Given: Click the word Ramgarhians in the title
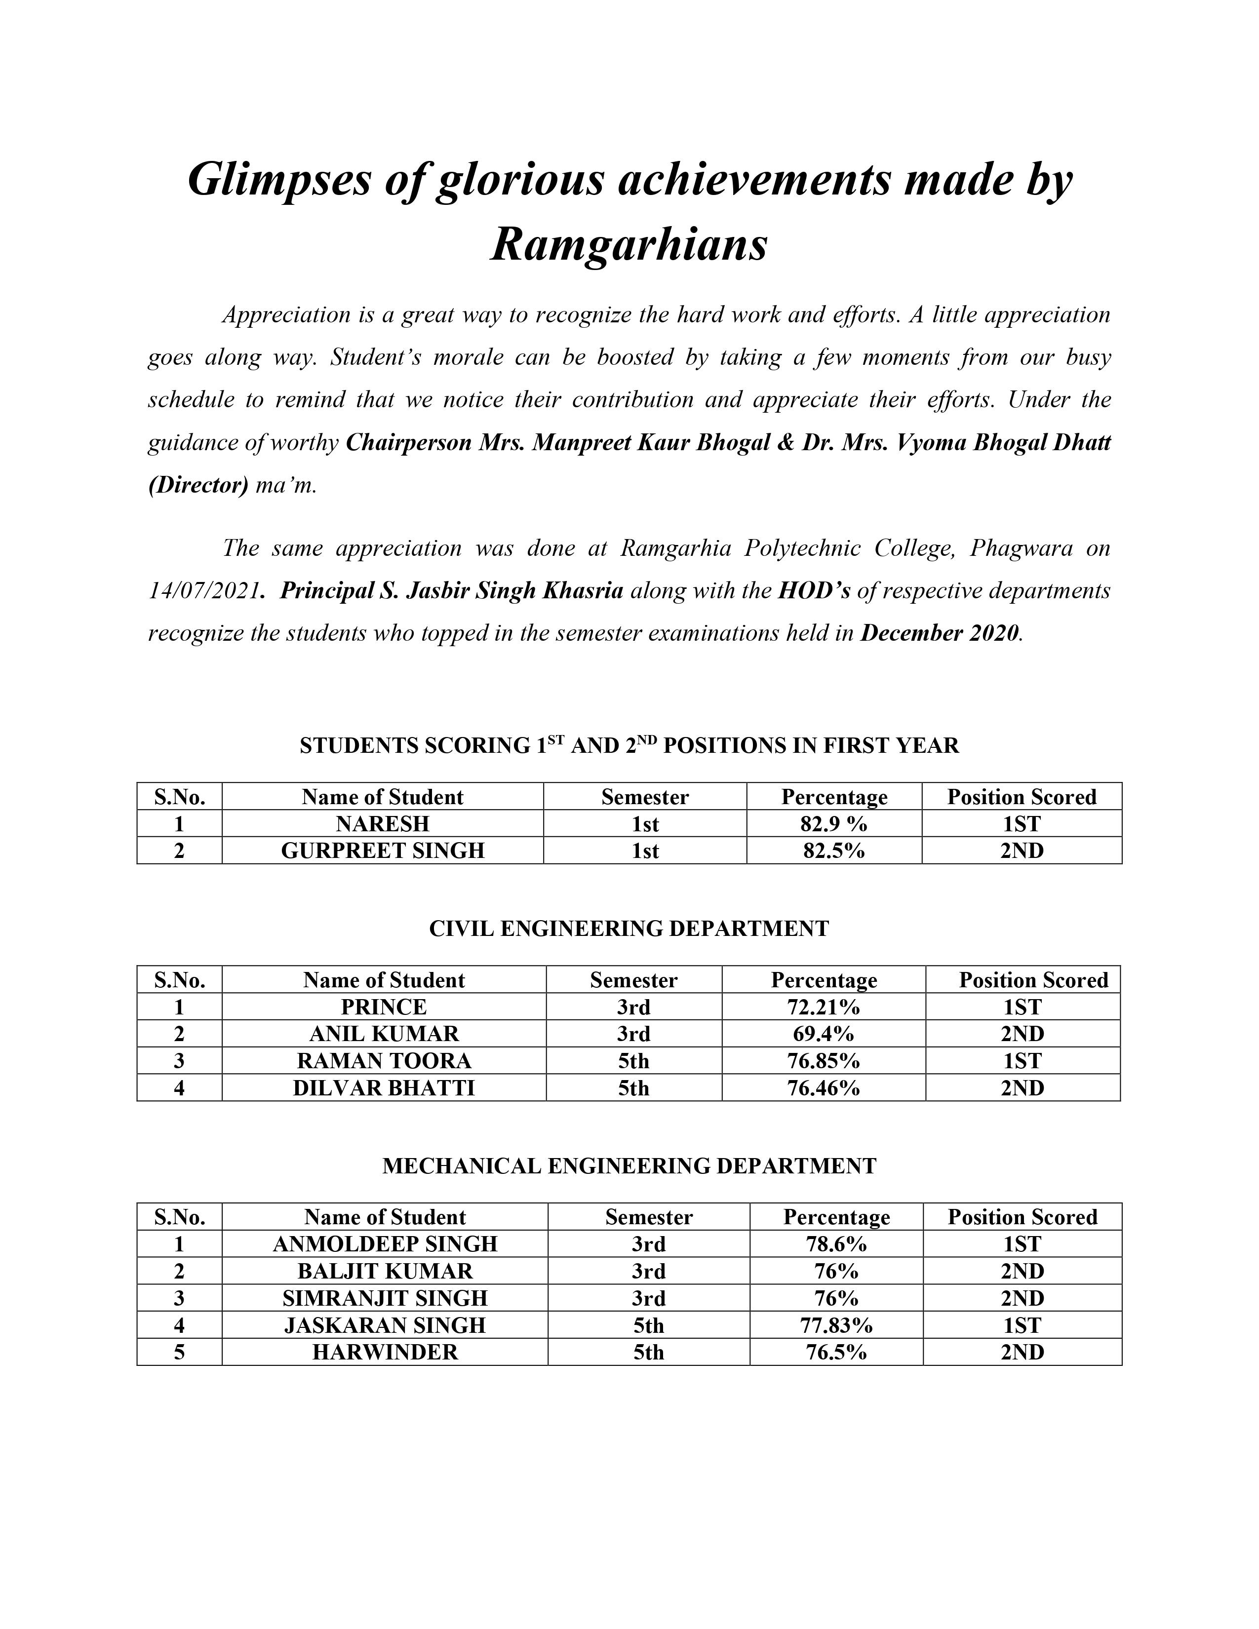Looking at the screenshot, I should coord(629,244).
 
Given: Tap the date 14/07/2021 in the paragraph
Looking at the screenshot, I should coord(203,591).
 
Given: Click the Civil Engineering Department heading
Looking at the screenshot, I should coord(629,929).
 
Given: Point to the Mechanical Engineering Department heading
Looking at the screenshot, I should coord(629,1166).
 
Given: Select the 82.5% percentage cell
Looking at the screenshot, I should coord(834,851).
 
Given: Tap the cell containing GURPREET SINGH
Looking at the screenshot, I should coord(383,851).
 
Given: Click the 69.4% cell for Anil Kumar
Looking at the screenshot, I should coord(824,1034).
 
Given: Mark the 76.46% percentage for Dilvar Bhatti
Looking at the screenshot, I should coord(824,1088).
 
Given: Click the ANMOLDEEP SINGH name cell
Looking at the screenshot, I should coord(385,1244).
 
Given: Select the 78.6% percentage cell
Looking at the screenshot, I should coord(836,1244).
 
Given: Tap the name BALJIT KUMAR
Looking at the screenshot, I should coord(385,1271).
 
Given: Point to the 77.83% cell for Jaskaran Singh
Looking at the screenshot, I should coord(836,1325).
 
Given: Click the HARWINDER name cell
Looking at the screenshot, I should coord(385,1352).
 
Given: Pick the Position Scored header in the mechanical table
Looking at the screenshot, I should coord(1023,1217).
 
